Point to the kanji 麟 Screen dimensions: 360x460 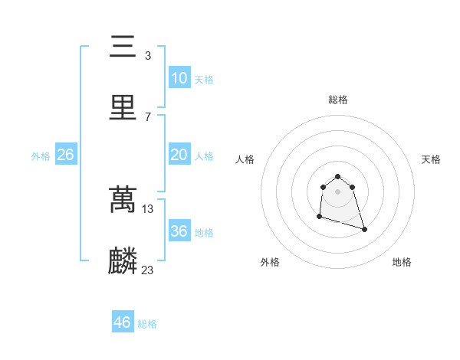[x=123, y=260]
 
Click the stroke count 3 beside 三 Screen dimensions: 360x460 [x=147, y=56]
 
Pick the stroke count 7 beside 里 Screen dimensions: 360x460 [x=147, y=116]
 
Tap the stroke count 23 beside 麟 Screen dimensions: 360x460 [x=148, y=269]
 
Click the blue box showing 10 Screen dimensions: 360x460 [x=179, y=78]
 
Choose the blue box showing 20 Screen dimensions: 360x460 [x=179, y=155]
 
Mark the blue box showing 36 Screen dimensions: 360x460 [x=179, y=231]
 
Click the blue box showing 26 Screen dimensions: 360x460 [x=65, y=155]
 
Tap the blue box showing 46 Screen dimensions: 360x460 [x=122, y=322]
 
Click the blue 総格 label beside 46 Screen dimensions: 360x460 [x=147, y=324]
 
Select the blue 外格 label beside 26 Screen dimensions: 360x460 [x=41, y=156]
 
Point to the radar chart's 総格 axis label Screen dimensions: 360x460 [x=338, y=100]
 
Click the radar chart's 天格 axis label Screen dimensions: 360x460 [x=432, y=159]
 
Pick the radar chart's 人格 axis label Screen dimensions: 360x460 [x=245, y=159]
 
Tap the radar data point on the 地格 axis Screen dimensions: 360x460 [x=364, y=229]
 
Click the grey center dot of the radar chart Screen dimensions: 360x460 [x=338, y=191]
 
